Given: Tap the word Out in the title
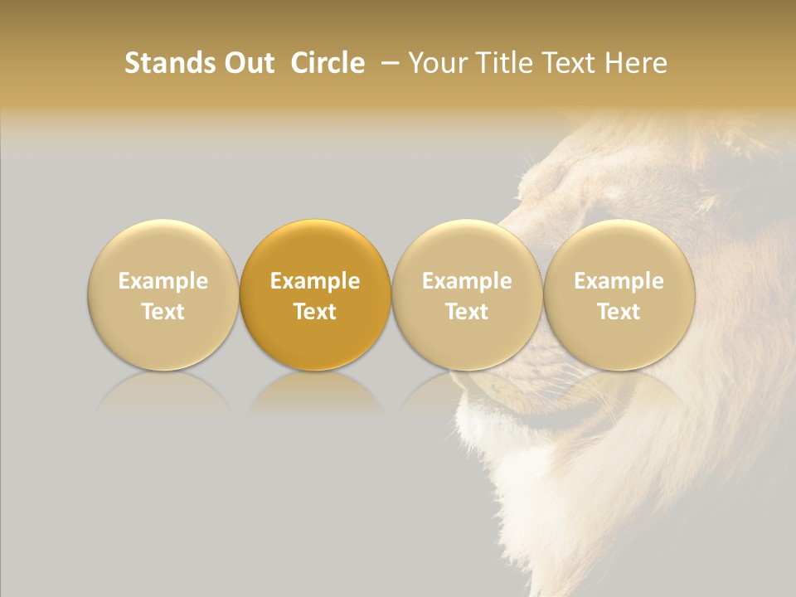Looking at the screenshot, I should [247, 63].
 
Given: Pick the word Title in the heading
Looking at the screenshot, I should [505, 63].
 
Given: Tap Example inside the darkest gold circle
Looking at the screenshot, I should [315, 281].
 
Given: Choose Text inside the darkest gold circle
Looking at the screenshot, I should [315, 312].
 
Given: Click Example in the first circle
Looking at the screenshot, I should [163, 281].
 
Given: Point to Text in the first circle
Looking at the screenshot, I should [163, 312].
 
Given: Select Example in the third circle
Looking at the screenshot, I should [467, 281].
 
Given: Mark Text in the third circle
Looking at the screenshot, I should [467, 312].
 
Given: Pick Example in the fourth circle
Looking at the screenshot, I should [619, 281].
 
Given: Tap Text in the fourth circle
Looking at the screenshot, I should [619, 312].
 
